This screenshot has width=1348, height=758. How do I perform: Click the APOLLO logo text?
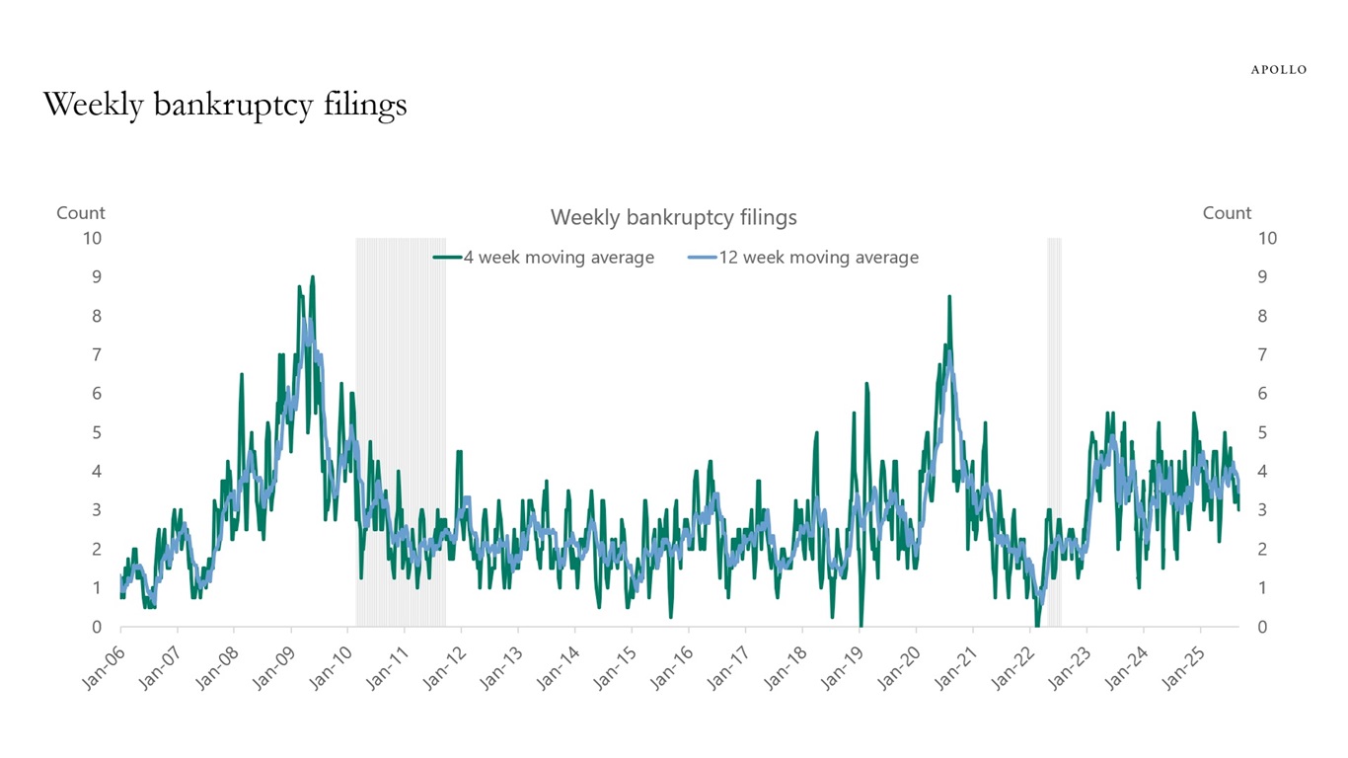[1278, 70]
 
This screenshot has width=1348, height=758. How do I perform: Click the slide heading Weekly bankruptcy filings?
[225, 105]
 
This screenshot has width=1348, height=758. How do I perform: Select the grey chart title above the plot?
[673, 217]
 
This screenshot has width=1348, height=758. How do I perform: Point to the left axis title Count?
[81, 213]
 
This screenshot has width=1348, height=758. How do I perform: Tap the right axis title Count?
[1227, 213]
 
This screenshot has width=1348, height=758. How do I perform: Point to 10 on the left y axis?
[92, 238]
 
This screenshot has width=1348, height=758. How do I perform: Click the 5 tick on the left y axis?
[97, 432]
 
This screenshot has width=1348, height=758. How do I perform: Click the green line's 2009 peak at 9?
[313, 277]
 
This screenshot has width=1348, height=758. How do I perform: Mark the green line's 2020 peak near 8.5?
[949, 296]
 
